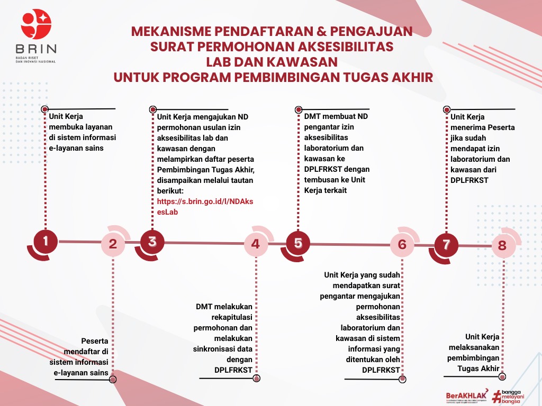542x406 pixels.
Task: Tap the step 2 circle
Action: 113,244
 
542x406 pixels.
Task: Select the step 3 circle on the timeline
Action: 152,242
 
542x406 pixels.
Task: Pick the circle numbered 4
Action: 256,244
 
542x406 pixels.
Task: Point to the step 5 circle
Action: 299,243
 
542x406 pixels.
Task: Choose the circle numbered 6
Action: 402,244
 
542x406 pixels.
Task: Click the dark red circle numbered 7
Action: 446,245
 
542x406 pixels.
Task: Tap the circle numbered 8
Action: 502,245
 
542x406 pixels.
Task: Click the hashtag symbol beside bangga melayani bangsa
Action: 496,396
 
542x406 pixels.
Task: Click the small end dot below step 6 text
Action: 403,379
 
